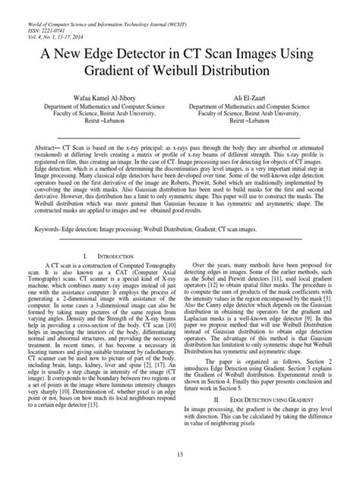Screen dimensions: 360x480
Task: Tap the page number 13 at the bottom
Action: (x=180, y=454)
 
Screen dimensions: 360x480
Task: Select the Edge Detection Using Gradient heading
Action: (x=268, y=397)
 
